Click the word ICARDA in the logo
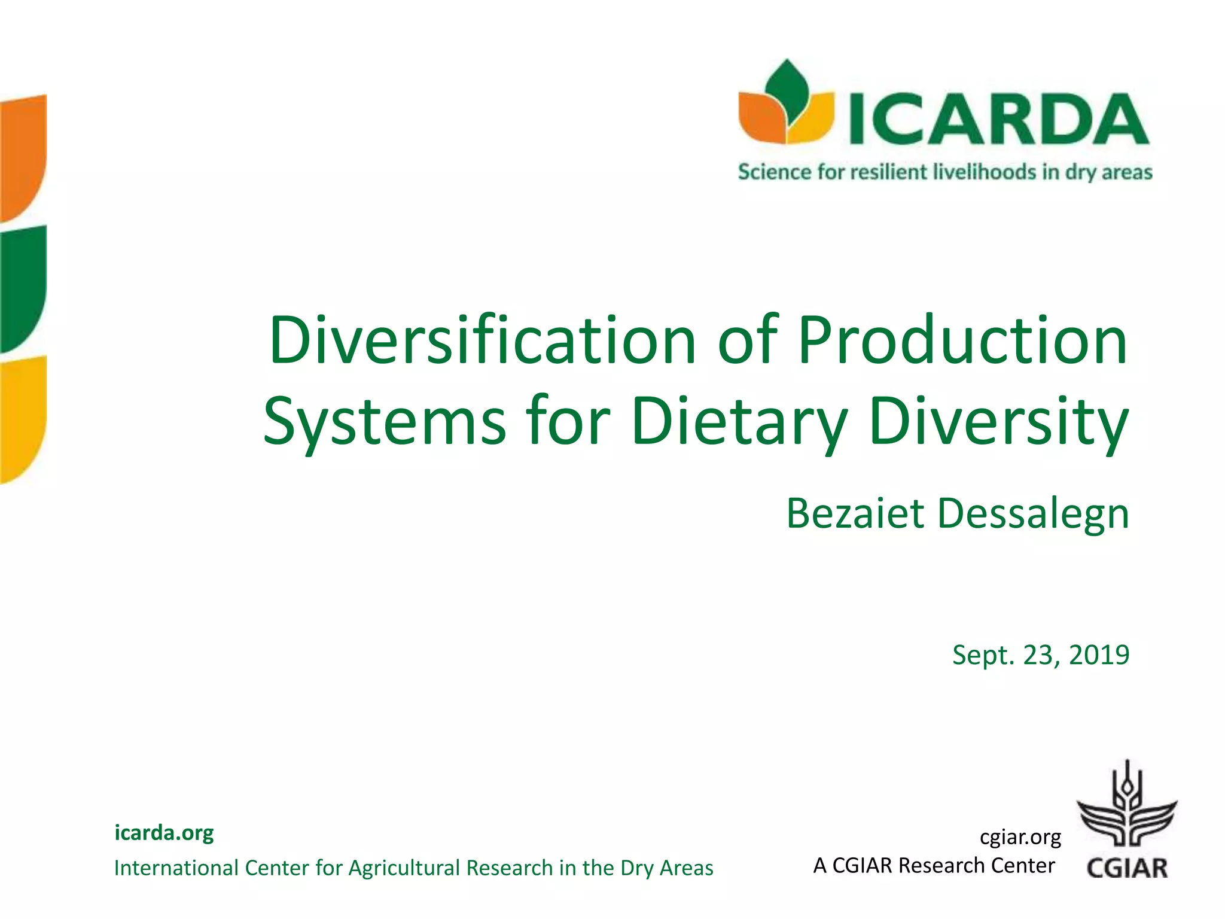(x=998, y=120)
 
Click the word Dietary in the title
(x=739, y=422)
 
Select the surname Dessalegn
(x=1033, y=513)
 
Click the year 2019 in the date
(x=1099, y=655)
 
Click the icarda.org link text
(x=164, y=832)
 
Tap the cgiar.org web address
(x=1020, y=837)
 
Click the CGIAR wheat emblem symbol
(x=1127, y=805)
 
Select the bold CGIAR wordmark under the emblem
(x=1127, y=868)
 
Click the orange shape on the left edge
(x=23, y=156)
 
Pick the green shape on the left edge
(x=23, y=287)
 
